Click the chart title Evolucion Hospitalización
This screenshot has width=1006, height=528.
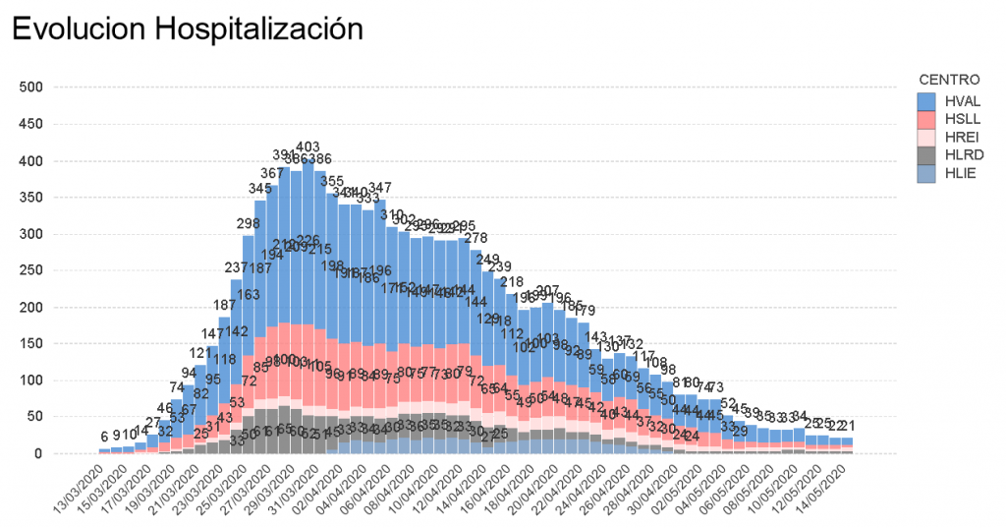pyautogui.click(x=187, y=29)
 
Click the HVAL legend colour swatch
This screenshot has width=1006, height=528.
pyautogui.click(x=926, y=101)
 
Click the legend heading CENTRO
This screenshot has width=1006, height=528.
pyautogui.click(x=949, y=79)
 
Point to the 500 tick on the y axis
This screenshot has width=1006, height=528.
pyautogui.click(x=32, y=88)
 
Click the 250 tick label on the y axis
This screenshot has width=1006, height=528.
pyautogui.click(x=32, y=270)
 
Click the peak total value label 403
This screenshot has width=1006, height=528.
pyautogui.click(x=307, y=147)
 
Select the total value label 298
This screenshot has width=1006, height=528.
pyautogui.click(x=248, y=223)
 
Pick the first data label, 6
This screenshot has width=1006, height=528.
pyautogui.click(x=104, y=437)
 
